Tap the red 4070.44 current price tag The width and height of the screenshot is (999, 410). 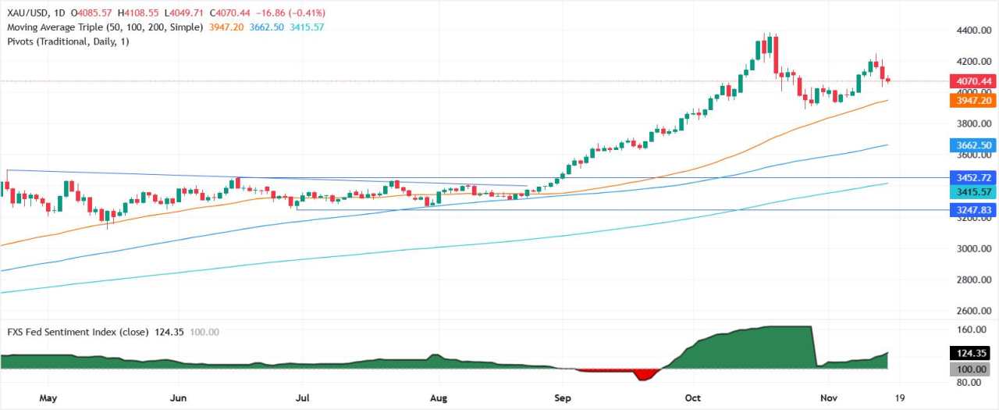[x=972, y=80]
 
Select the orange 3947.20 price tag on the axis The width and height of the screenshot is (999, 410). [x=972, y=101]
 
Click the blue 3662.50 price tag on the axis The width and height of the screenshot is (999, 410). [x=972, y=145]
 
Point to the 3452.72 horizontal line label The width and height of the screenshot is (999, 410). [x=972, y=178]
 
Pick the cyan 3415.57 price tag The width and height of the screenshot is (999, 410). [x=972, y=191]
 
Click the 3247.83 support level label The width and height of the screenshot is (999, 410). [x=972, y=210]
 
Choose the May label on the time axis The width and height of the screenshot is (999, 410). [x=48, y=398]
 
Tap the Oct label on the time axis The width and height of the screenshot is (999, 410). [x=691, y=398]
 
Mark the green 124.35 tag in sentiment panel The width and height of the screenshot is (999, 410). [x=972, y=354]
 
